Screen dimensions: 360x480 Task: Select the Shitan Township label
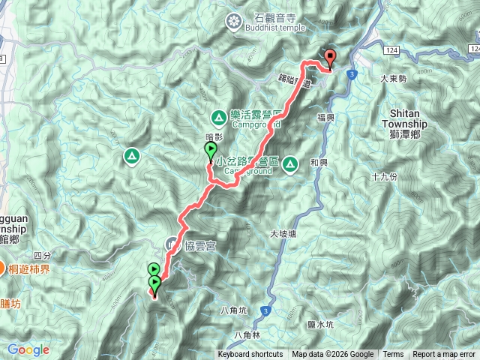coord(409,119)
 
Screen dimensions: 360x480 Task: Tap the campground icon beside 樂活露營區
coord(218,116)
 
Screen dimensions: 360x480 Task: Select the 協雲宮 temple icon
coord(172,243)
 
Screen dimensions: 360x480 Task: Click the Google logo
coord(28,349)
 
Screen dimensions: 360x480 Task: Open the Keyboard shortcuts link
coord(250,355)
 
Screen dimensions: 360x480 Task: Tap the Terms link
coord(393,355)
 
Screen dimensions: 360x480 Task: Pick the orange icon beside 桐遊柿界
coord(4,268)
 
